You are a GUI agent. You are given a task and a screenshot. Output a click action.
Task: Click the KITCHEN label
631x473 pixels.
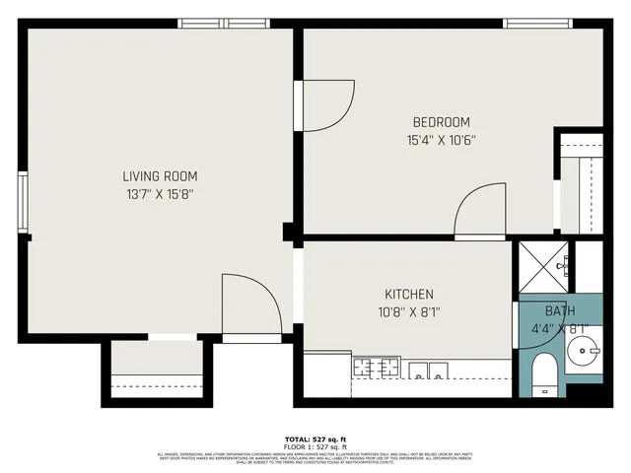(408, 295)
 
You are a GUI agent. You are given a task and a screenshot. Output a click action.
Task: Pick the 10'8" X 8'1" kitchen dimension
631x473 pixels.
(408, 312)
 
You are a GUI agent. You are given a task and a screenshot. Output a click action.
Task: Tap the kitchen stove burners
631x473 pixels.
(376, 369)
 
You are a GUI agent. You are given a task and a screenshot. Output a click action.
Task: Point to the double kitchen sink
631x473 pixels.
(427, 371)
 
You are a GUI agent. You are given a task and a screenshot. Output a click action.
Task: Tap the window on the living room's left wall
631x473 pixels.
(23, 202)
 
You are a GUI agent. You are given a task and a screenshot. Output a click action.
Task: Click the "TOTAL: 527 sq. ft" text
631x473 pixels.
(315, 439)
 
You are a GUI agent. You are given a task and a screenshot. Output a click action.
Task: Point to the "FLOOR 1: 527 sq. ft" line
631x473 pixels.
(315, 446)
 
